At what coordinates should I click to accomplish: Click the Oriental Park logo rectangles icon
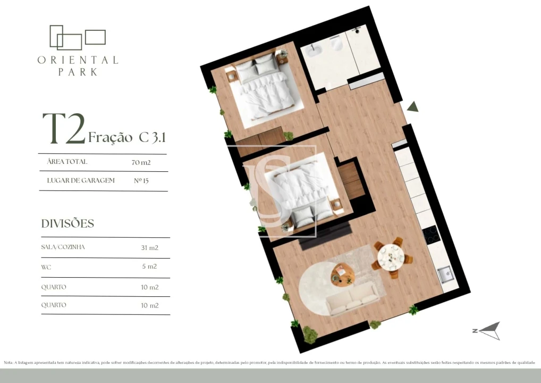coord(77,37)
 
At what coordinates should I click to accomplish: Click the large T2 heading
coord(63,129)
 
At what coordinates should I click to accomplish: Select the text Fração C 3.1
coord(127,137)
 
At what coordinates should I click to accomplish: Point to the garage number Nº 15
coord(141,181)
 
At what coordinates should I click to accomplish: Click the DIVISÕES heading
coord(67,223)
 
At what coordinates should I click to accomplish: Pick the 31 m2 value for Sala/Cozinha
coord(150,247)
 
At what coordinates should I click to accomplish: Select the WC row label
coord(46,267)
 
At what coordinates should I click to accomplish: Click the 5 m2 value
coord(150,267)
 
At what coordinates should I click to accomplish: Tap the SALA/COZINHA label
coord(63,247)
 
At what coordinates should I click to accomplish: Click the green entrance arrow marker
coord(413,106)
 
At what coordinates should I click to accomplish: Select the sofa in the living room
coord(353,299)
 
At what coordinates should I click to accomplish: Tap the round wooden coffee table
coord(342,274)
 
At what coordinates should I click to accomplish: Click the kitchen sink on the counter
coord(445,275)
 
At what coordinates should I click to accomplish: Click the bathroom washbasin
coord(311,51)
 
